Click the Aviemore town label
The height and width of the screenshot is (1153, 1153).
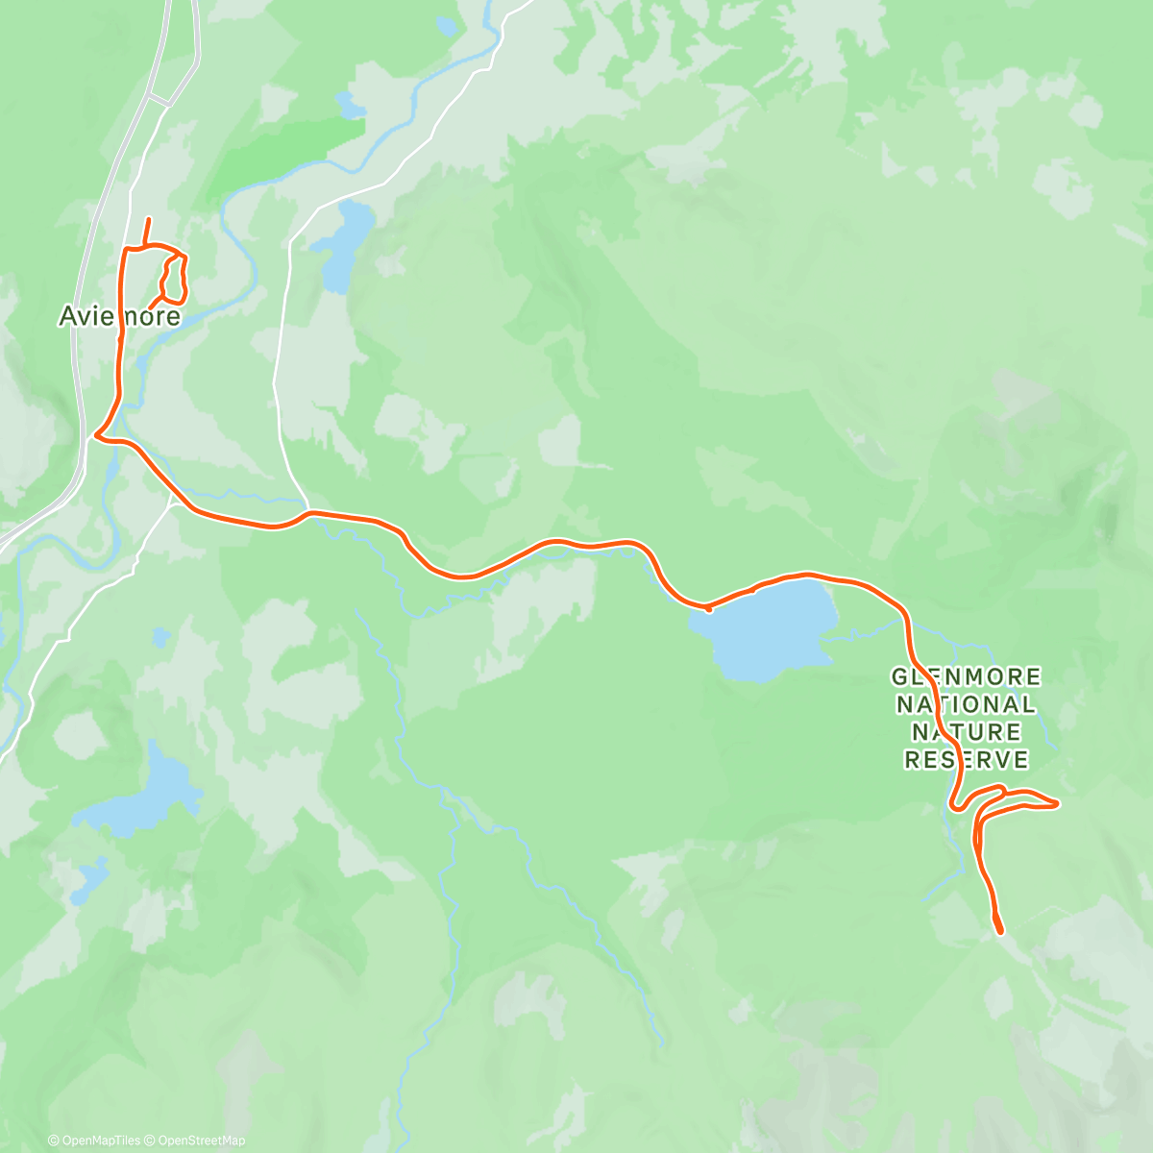119,315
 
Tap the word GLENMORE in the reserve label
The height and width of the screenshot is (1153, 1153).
967,677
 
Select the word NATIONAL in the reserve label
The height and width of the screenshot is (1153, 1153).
967,704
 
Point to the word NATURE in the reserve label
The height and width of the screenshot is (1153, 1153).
967,732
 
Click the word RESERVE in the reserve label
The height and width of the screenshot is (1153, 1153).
967,760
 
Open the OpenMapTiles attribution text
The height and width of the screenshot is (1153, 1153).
99,1141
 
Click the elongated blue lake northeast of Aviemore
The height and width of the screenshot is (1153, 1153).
344,245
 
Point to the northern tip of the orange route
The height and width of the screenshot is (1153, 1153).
148,221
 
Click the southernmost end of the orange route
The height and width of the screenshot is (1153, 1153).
1001,931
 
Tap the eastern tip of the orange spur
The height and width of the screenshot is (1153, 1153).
1057,803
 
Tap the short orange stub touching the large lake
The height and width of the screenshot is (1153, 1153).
708,608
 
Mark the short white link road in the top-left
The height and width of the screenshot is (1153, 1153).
159,98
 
